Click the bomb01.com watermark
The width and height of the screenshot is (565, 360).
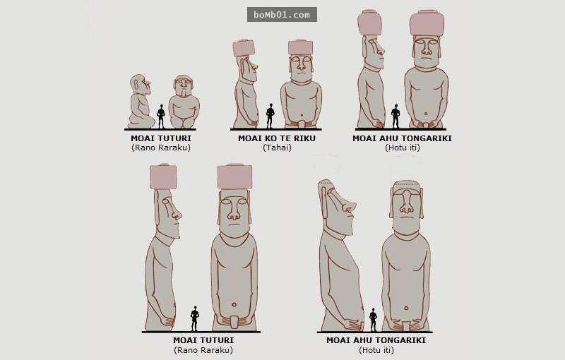(x=282, y=15)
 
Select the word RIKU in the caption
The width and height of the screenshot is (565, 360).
(x=304, y=138)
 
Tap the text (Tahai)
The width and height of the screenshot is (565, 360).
(x=277, y=148)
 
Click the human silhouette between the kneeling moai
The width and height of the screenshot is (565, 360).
(x=161, y=116)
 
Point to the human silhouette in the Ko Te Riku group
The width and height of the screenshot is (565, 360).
(x=270, y=116)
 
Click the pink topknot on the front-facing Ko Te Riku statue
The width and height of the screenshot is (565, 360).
(x=301, y=47)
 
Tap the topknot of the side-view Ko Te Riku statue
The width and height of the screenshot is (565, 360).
(x=244, y=49)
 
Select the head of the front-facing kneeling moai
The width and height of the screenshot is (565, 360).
(x=184, y=85)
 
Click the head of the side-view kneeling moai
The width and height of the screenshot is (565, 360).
(x=139, y=84)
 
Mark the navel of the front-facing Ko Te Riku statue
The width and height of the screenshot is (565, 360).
(x=302, y=116)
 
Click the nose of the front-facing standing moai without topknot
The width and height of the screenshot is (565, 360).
(x=407, y=203)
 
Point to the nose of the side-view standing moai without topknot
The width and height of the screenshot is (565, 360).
(x=349, y=206)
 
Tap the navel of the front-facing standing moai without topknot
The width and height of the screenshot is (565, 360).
(x=407, y=308)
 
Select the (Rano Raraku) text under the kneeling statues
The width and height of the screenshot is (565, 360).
(x=161, y=148)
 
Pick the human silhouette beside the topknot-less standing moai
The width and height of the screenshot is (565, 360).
(x=374, y=320)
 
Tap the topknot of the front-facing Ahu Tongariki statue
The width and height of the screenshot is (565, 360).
(x=427, y=23)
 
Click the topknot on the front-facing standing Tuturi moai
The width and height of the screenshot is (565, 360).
(x=235, y=176)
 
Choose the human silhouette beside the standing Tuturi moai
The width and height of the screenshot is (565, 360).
(x=195, y=318)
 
